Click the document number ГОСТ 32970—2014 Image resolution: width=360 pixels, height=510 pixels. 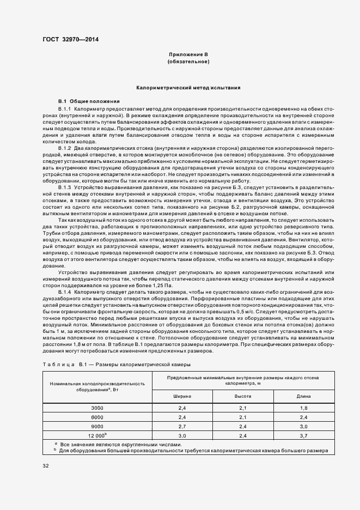point(71,39)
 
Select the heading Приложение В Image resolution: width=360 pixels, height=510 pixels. point(188,55)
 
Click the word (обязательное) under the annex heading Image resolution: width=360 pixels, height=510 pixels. point(188,62)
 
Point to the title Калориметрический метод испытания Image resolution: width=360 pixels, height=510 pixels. point(188,87)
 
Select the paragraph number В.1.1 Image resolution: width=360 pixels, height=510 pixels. point(64,110)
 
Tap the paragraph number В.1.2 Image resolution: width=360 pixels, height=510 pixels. point(64,148)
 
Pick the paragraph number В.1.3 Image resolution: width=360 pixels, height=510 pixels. point(64,187)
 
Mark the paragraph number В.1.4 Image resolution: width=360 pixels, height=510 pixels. point(64,293)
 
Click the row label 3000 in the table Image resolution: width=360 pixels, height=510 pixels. point(97,408)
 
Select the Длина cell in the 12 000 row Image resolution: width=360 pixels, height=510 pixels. point(303,435)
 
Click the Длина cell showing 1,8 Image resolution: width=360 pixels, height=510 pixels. point(303,408)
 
